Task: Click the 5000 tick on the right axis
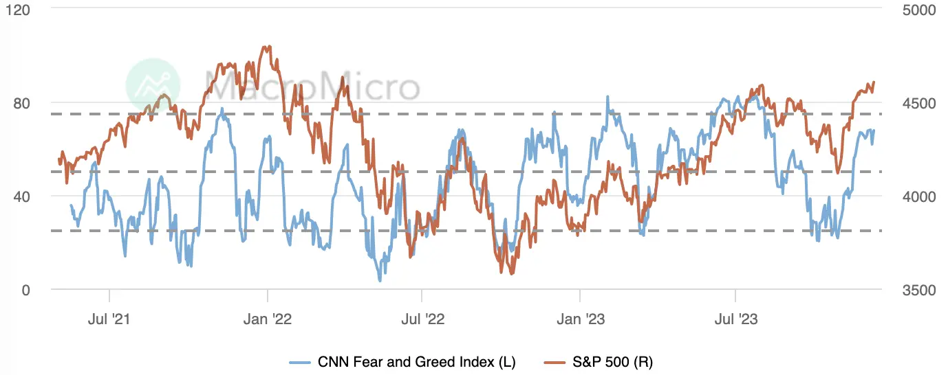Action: (x=920, y=10)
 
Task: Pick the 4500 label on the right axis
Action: (x=920, y=103)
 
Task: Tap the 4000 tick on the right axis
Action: (x=920, y=196)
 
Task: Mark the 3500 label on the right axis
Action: (x=920, y=290)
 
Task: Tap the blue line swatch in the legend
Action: (x=301, y=362)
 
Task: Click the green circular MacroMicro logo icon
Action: (x=153, y=84)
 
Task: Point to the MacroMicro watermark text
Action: (x=313, y=87)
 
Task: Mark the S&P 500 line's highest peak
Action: (x=266, y=47)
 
